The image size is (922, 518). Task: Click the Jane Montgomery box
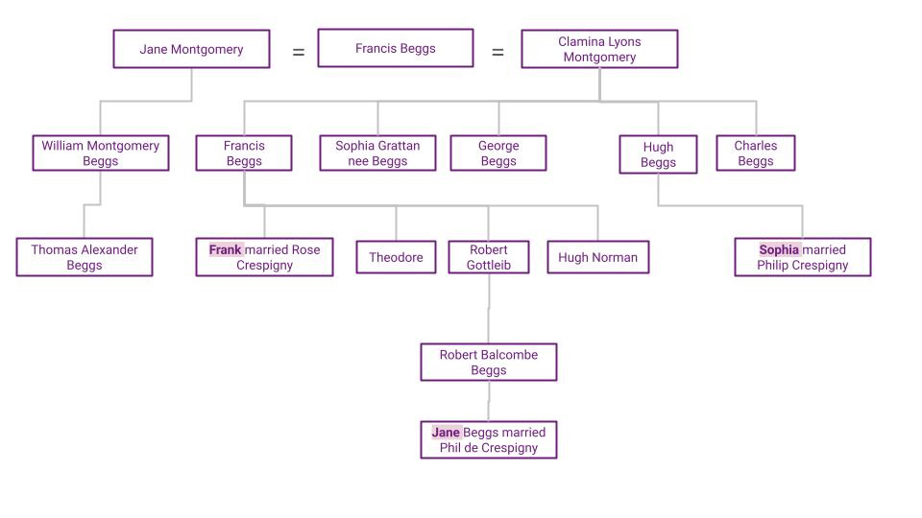click(x=191, y=49)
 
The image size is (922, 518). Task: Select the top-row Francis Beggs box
click(x=395, y=48)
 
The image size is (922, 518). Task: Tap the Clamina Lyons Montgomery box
click(x=599, y=49)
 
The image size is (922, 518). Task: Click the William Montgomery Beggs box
click(x=100, y=153)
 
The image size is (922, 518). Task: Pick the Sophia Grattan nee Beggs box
click(x=377, y=153)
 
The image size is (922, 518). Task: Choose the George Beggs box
click(x=498, y=153)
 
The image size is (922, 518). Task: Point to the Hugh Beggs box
click(x=658, y=154)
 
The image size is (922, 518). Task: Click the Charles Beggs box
click(x=755, y=153)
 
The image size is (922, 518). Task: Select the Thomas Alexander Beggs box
click(x=85, y=257)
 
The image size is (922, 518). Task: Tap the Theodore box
click(x=396, y=257)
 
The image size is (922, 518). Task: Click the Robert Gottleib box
click(x=488, y=257)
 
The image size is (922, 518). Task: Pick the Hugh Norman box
click(x=597, y=257)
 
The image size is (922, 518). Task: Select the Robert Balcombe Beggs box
click(x=488, y=363)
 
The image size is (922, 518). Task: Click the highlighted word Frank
click(x=225, y=249)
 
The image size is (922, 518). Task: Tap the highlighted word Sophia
click(x=779, y=249)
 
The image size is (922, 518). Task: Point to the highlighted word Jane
click(x=446, y=433)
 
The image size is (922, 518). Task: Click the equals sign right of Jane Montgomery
click(x=299, y=53)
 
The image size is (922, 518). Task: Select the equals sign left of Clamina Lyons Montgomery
click(x=497, y=53)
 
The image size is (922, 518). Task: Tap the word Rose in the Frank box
click(x=306, y=249)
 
